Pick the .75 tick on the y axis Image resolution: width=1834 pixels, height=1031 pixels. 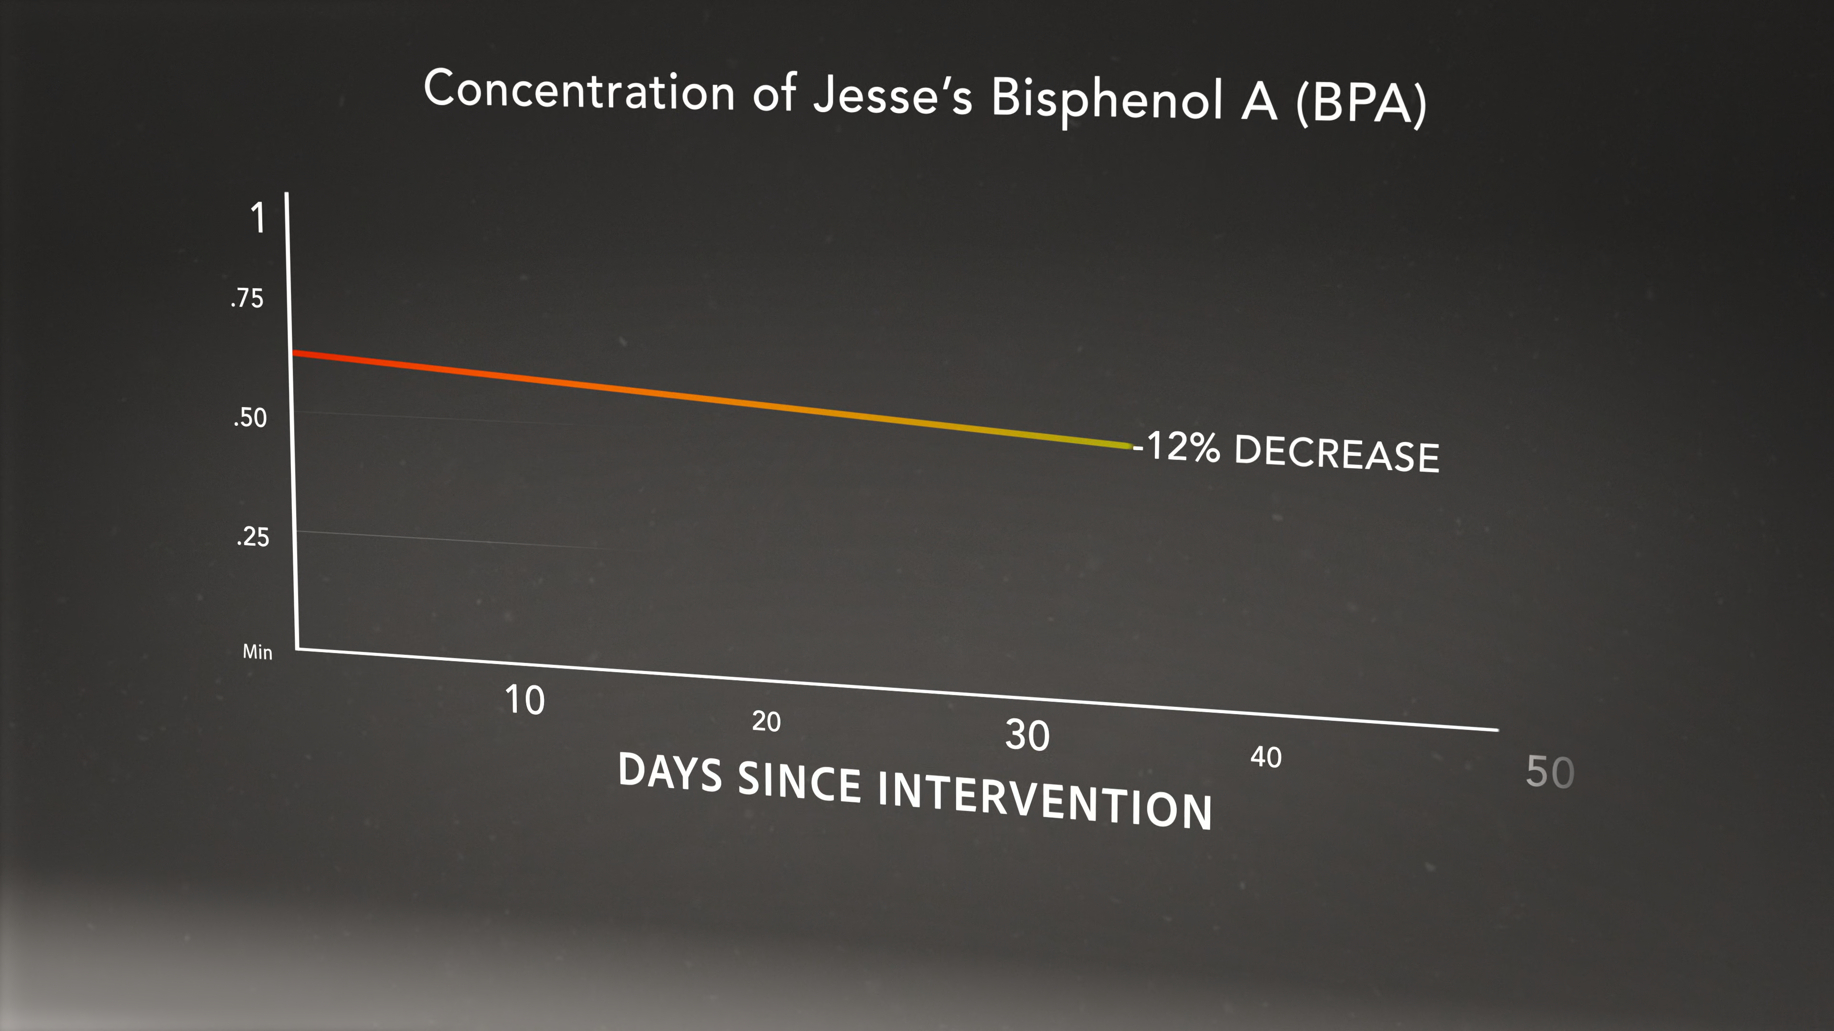(x=247, y=298)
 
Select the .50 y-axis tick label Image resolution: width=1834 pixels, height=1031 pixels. (x=250, y=417)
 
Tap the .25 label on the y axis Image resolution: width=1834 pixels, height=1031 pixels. (x=253, y=537)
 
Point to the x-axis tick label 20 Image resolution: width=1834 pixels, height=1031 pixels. (x=766, y=722)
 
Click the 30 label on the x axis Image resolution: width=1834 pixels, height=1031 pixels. (x=1027, y=735)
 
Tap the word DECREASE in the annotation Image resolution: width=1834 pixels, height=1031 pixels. (x=1336, y=453)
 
